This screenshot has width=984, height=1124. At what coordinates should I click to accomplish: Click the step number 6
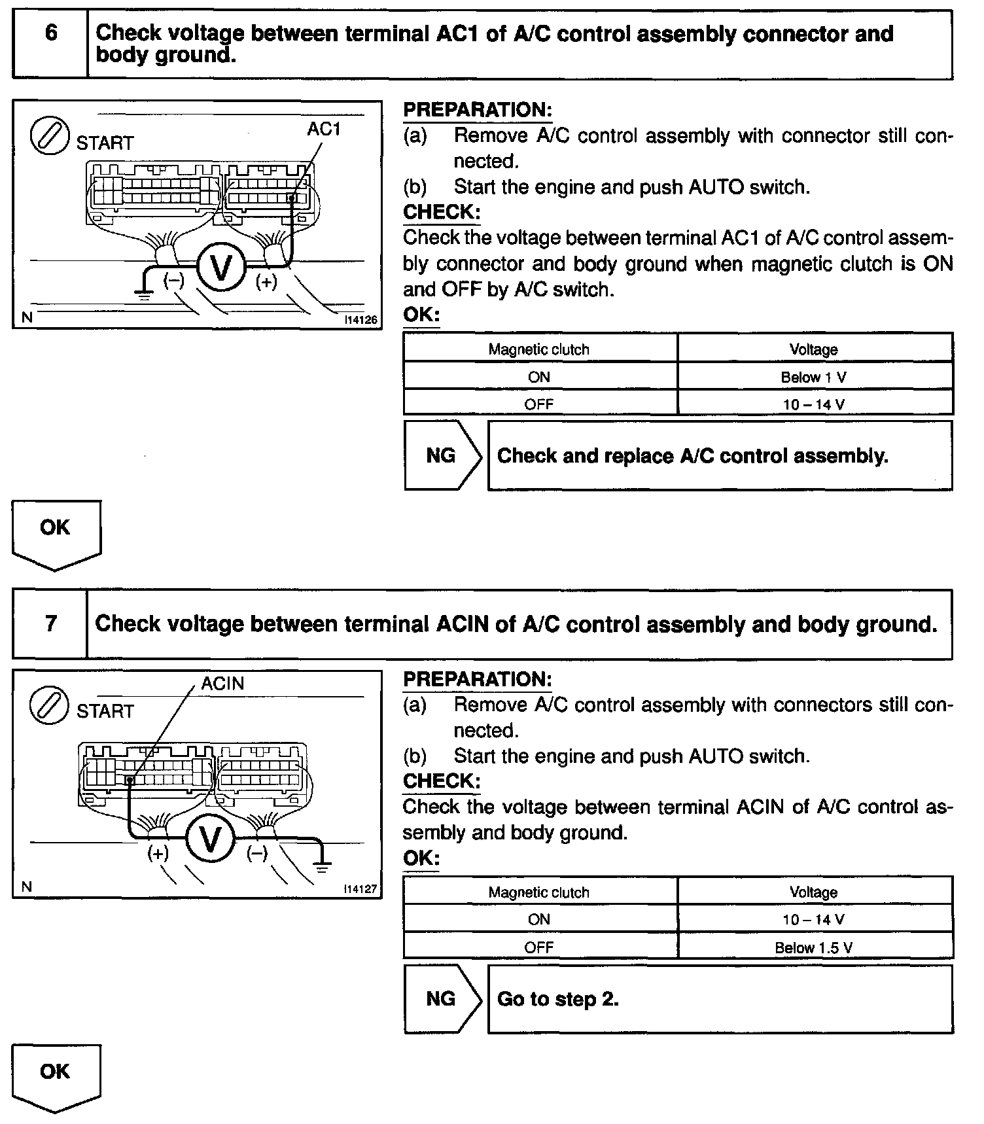click(x=50, y=33)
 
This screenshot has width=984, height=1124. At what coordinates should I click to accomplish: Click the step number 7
click(x=50, y=623)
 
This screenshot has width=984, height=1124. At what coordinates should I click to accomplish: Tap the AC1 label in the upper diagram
click(x=324, y=130)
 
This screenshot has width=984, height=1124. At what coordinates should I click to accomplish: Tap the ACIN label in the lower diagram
click(x=222, y=684)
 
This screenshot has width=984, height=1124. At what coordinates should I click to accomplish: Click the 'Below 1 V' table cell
click(x=814, y=377)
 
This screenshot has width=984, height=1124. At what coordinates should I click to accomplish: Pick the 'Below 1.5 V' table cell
click(x=814, y=947)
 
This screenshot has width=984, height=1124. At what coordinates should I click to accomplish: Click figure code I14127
click(x=361, y=889)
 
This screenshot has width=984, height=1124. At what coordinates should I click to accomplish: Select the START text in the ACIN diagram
click(x=105, y=711)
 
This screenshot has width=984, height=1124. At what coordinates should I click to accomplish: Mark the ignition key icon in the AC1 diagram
click(x=50, y=136)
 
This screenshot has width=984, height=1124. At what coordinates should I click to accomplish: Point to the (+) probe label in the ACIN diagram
click(x=158, y=853)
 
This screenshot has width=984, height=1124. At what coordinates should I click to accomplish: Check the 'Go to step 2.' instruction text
click(x=557, y=999)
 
